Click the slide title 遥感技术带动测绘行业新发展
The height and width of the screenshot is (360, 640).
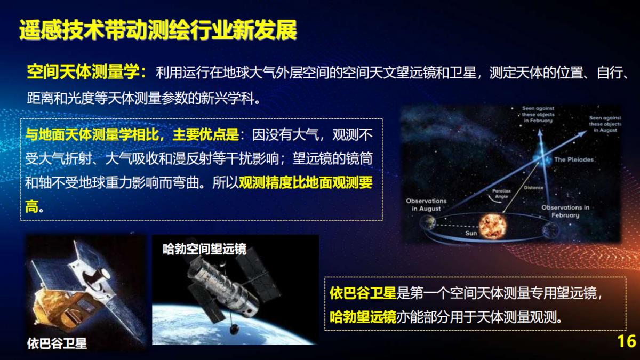click(158, 30)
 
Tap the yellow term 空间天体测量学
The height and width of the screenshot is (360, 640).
click(85, 72)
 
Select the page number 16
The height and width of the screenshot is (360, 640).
click(626, 341)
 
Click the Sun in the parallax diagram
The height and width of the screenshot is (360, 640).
click(491, 226)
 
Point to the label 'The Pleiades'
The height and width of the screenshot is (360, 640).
click(573, 159)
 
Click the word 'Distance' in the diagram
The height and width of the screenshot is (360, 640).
click(533, 188)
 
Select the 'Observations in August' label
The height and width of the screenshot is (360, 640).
click(426, 205)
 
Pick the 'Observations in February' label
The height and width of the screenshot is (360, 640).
click(565, 211)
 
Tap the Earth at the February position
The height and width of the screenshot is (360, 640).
click(550, 230)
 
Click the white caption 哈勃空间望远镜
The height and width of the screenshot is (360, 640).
click(204, 249)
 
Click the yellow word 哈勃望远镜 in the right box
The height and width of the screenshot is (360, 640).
click(363, 318)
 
